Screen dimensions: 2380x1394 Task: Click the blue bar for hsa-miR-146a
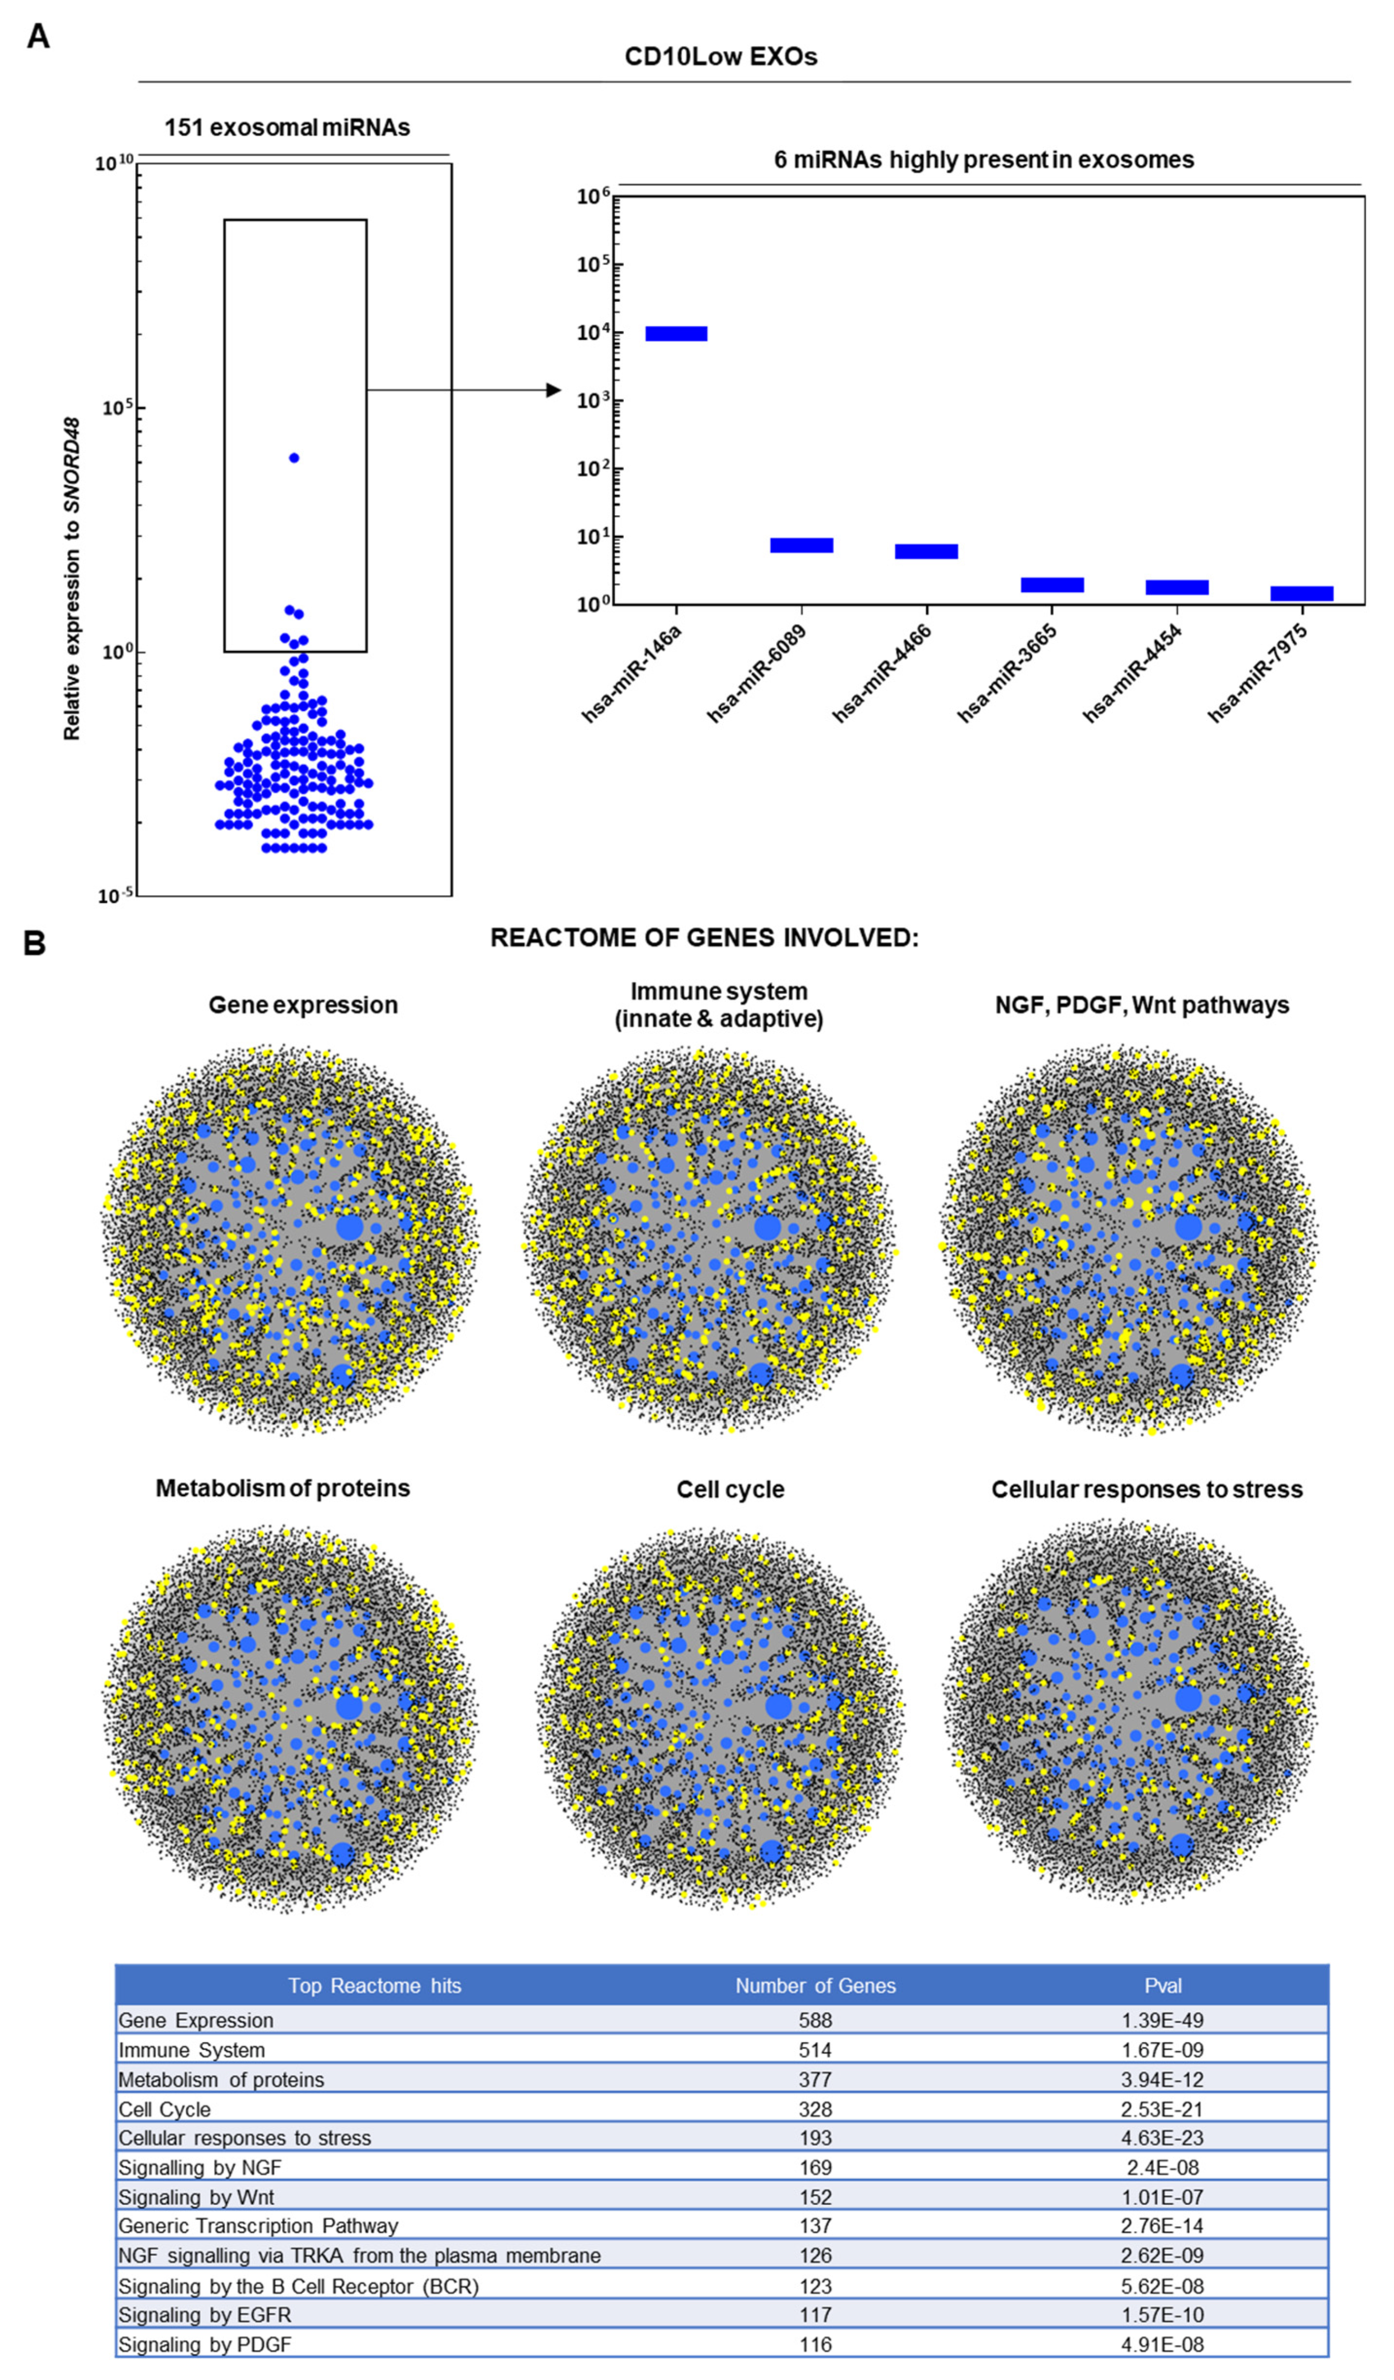[x=676, y=334]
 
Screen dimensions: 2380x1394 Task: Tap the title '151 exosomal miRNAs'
[x=287, y=127]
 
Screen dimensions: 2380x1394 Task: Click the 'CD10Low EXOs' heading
[x=721, y=57]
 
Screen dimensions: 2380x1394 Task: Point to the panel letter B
[x=35, y=943]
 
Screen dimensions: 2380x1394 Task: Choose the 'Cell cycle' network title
[x=730, y=1490]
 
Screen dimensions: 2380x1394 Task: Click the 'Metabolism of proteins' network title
[x=282, y=1489]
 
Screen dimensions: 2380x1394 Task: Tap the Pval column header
[x=1163, y=1985]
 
